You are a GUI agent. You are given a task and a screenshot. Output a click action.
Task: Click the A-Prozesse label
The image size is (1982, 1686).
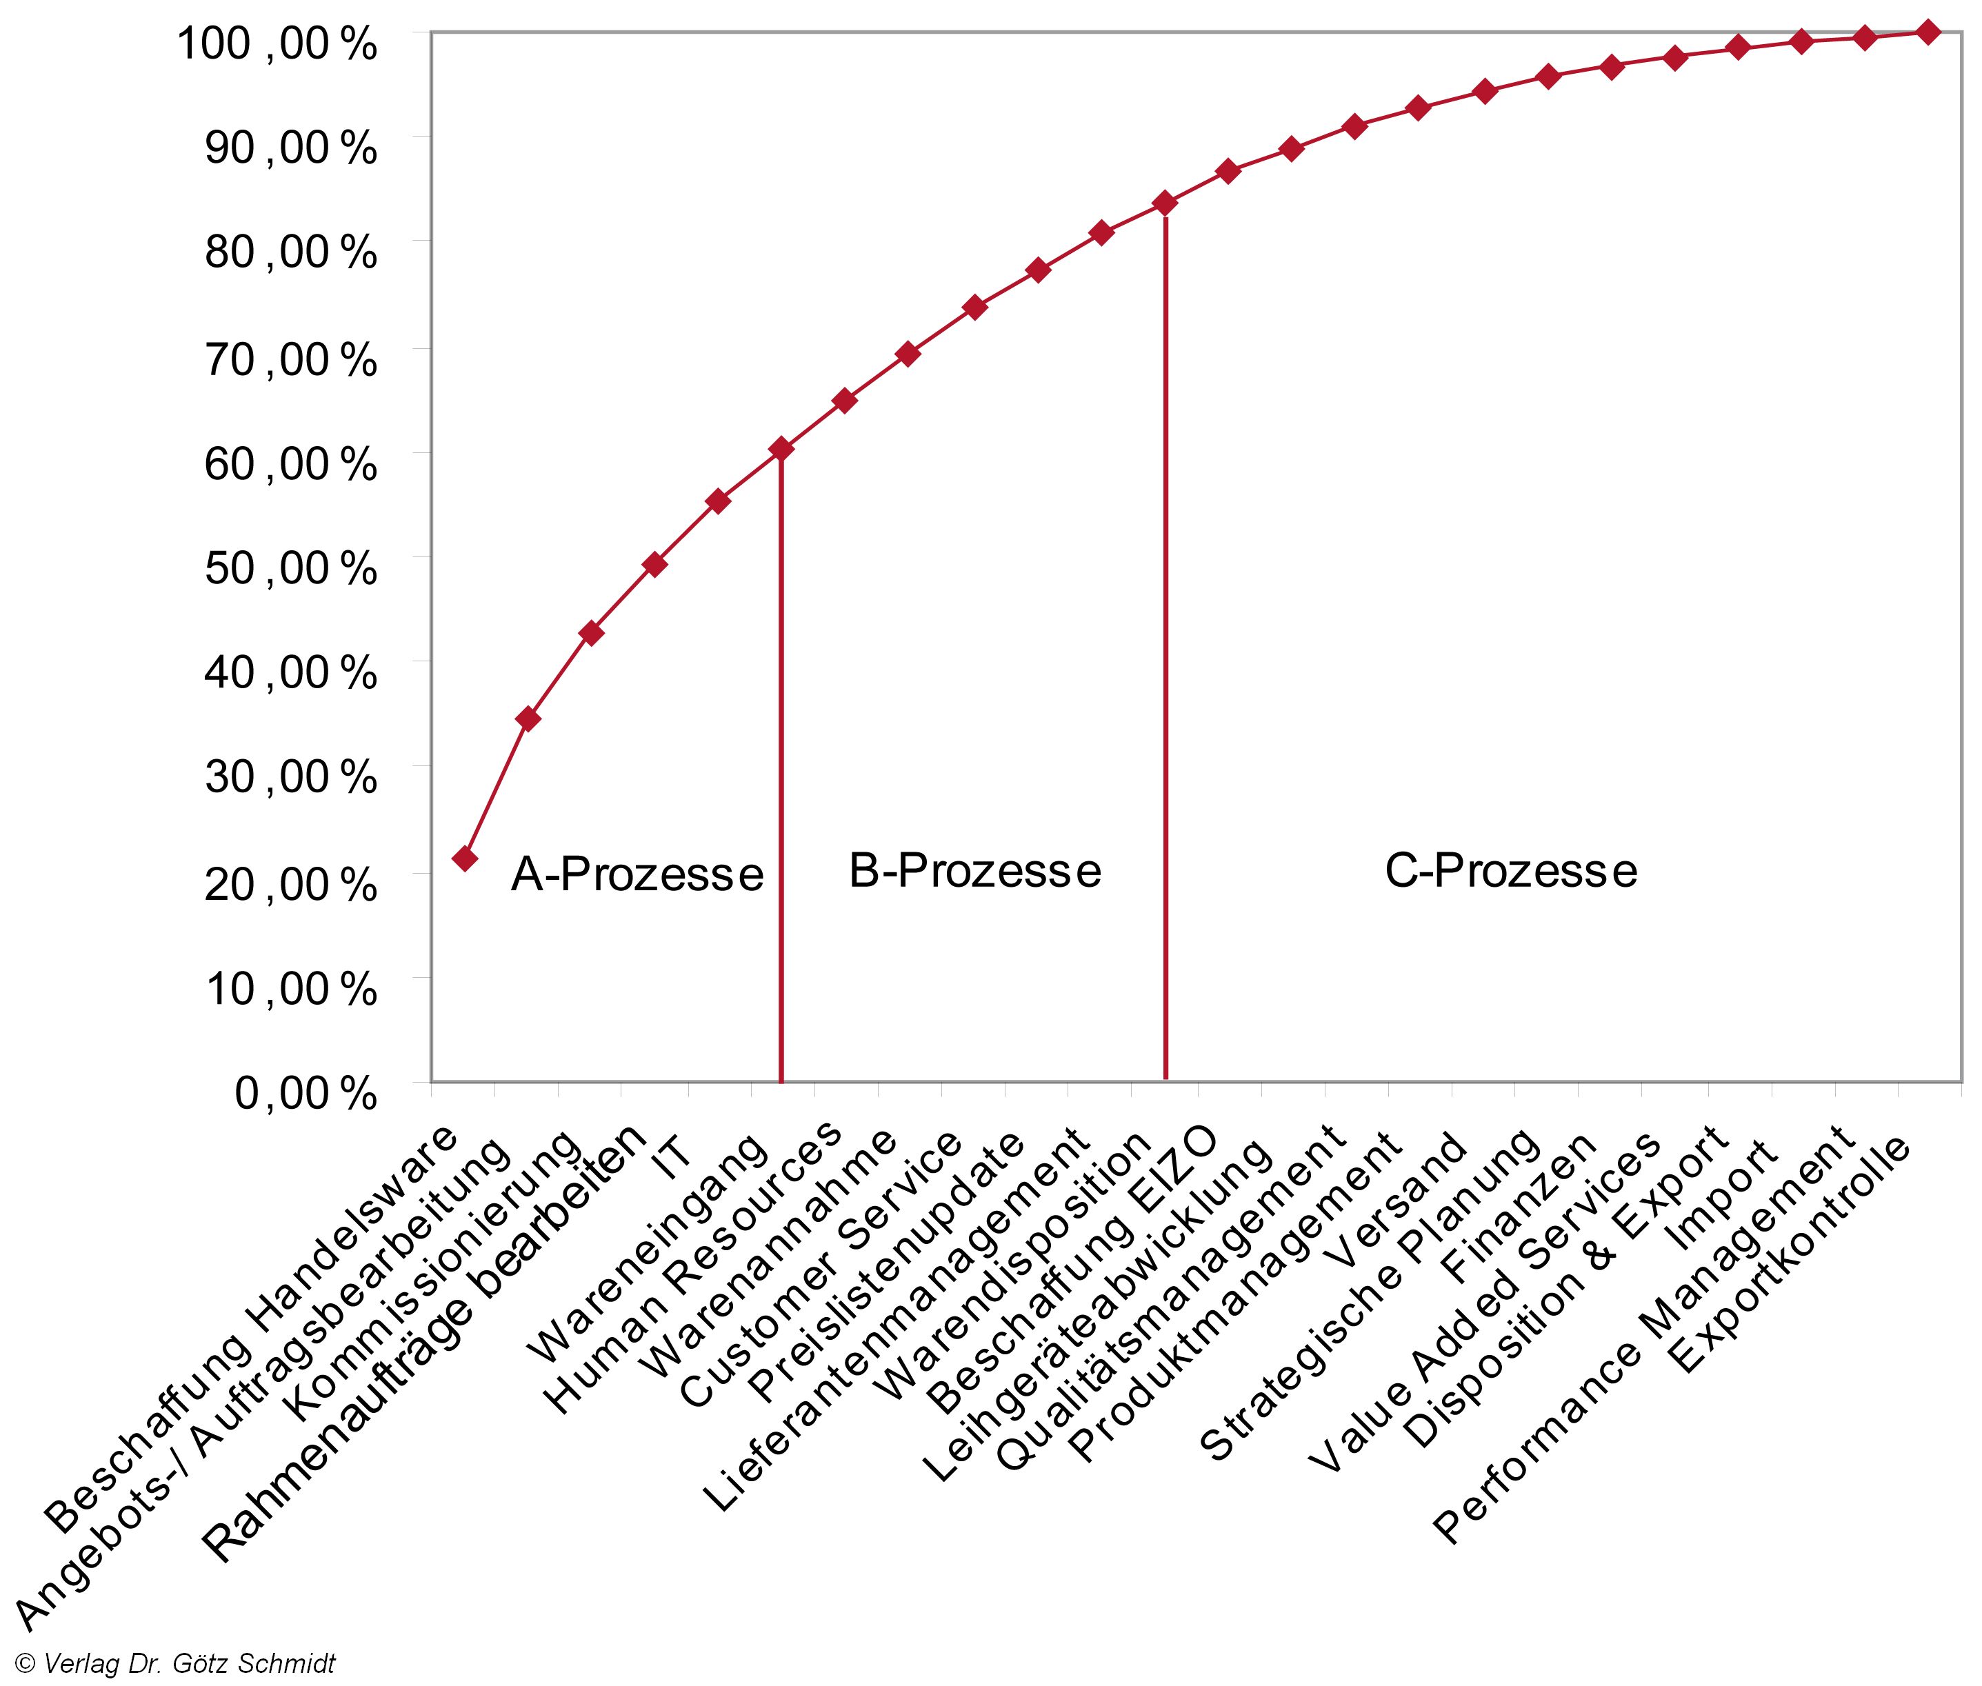(637, 874)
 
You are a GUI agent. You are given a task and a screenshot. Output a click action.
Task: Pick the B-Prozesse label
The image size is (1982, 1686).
(974, 871)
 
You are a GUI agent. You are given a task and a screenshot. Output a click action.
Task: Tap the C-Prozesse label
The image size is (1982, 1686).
(1511, 871)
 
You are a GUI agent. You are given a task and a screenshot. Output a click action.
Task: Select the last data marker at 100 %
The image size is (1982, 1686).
(1928, 32)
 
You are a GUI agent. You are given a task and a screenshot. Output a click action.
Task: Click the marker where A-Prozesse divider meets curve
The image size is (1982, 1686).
(782, 448)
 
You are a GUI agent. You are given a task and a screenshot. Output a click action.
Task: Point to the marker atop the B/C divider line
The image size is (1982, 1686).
(1165, 203)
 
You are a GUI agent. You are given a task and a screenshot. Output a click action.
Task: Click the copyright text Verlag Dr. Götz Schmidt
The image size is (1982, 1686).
(177, 1664)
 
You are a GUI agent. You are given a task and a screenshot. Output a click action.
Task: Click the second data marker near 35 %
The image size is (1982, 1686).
(528, 719)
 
